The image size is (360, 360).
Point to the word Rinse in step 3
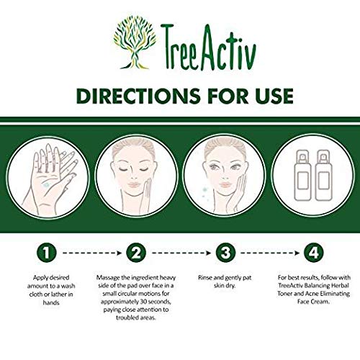207,276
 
